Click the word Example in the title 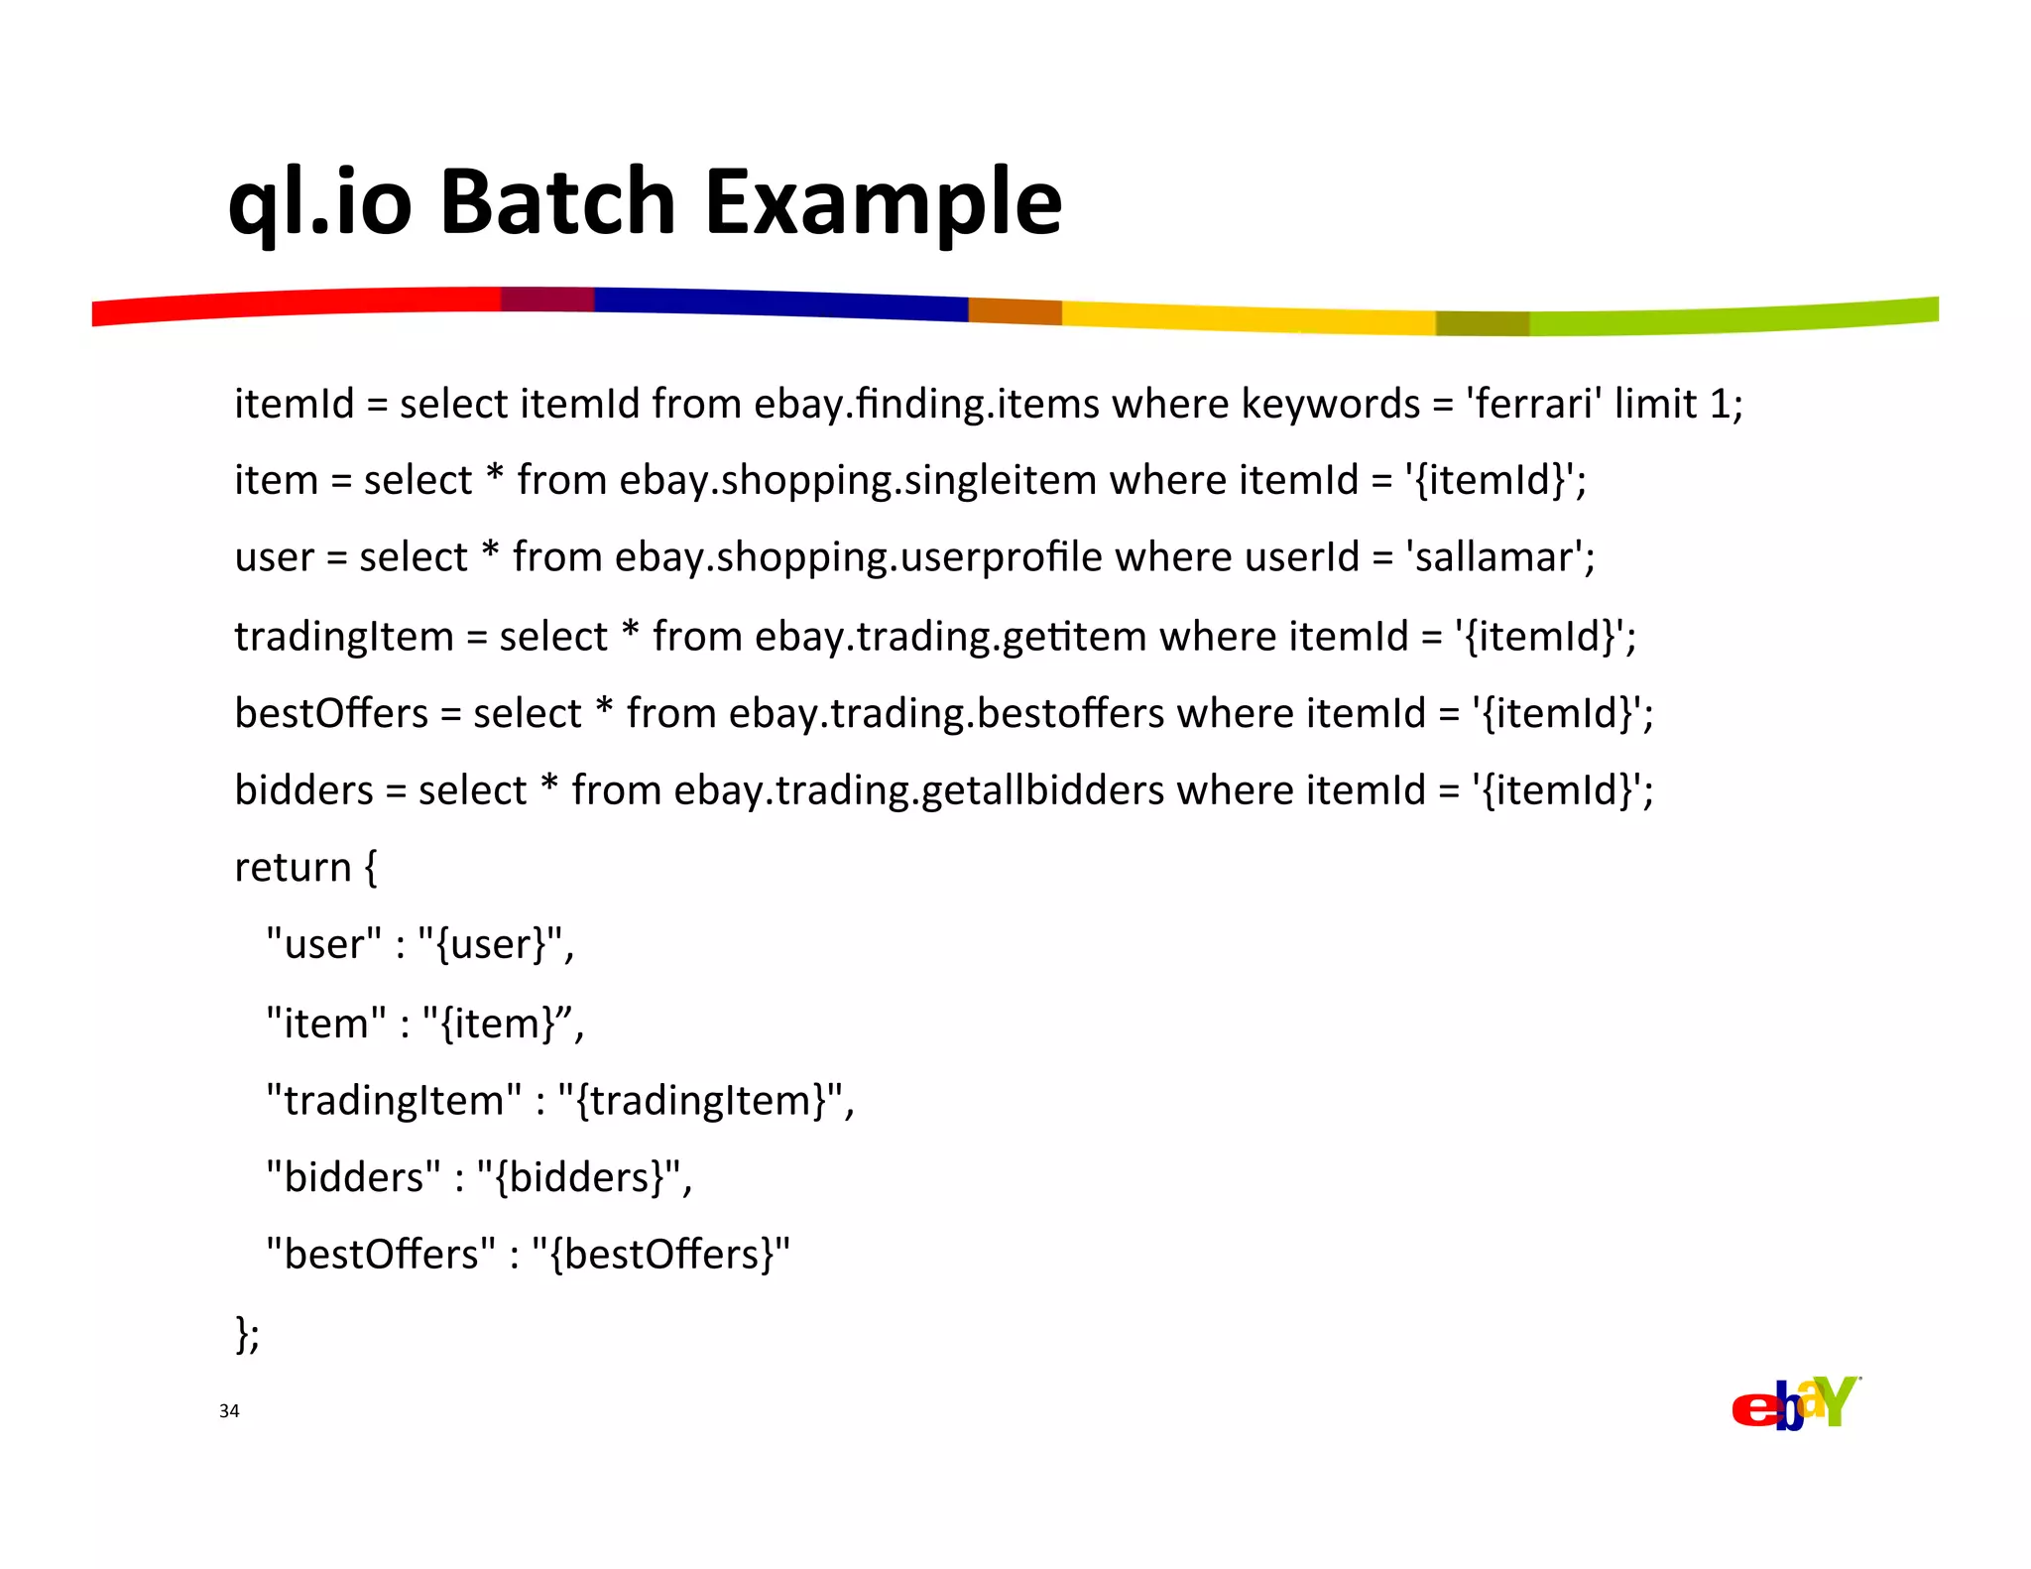(884, 202)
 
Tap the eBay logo (1795, 1403)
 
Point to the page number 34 (229, 1411)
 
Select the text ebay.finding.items (926, 405)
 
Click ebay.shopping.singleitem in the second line (858, 481)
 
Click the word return (293, 868)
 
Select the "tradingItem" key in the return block (394, 1101)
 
